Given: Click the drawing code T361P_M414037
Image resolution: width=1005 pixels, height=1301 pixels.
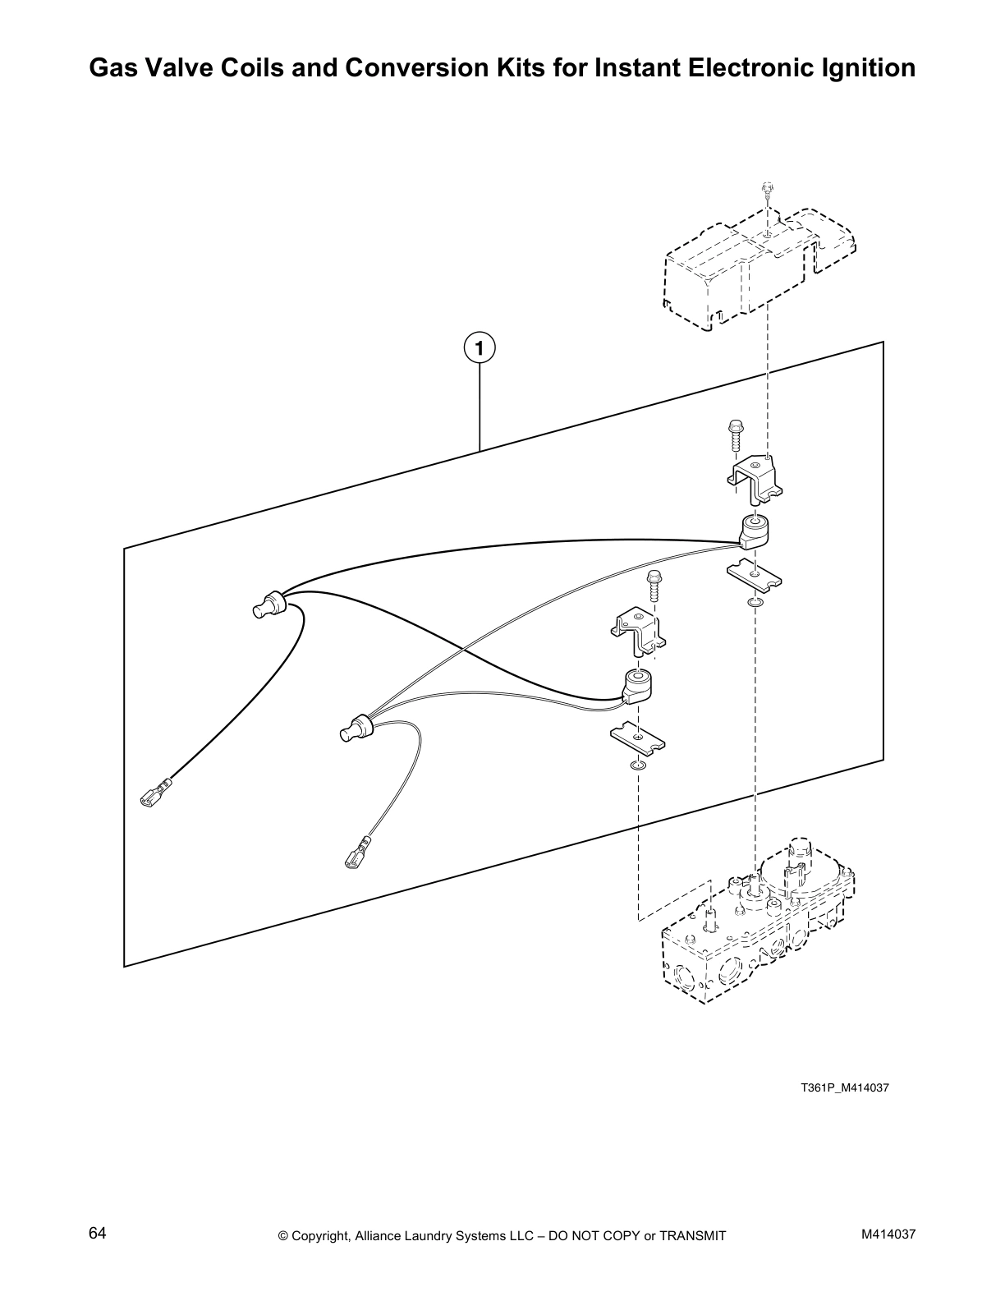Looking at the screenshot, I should tap(845, 1088).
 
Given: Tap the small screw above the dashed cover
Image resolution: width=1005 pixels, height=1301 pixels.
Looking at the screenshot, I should tap(766, 190).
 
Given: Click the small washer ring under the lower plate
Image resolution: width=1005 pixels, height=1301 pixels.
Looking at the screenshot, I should tap(637, 765).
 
